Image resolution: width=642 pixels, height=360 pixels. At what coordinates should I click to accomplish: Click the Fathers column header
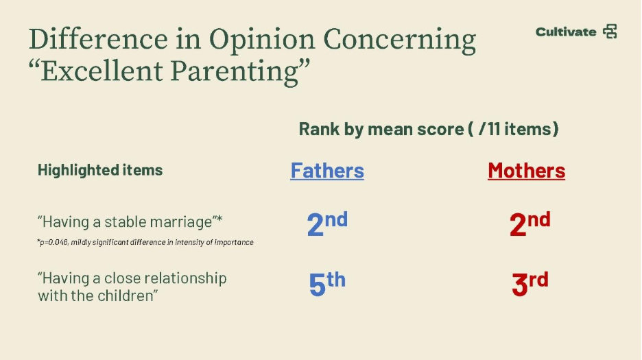[327, 170]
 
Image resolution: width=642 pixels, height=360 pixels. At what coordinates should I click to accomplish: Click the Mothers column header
[527, 170]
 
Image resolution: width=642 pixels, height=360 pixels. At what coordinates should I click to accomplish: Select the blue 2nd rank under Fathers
[327, 224]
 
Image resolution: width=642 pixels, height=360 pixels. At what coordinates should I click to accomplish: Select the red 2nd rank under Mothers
[530, 224]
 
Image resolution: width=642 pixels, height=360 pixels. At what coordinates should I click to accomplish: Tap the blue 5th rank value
[327, 283]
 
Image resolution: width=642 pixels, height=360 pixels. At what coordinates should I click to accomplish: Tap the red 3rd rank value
[530, 283]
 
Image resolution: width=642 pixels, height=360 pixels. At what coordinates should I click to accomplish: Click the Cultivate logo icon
[610, 32]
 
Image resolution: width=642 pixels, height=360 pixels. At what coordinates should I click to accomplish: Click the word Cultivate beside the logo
[566, 32]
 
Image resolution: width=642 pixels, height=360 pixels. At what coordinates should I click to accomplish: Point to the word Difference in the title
[98, 39]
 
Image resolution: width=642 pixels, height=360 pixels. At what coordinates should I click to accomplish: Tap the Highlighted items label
[100, 170]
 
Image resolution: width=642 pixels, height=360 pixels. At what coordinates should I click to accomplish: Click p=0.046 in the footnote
[53, 243]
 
